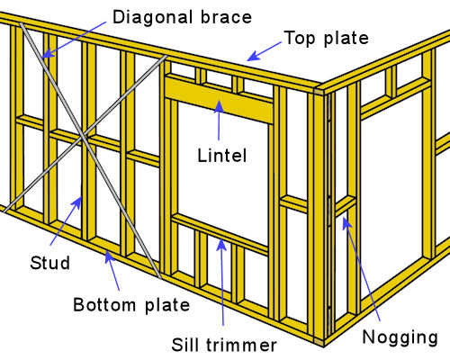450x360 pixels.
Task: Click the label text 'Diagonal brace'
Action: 182,17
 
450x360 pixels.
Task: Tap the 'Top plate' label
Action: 327,38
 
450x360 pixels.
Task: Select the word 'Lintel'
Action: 222,156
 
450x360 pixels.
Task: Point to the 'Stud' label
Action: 49,263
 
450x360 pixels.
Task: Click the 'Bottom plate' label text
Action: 131,305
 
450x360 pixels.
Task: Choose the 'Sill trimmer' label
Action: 224,345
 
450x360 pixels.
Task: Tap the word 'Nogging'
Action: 400,337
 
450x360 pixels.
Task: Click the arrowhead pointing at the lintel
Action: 219,105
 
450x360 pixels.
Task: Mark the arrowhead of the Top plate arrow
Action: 253,56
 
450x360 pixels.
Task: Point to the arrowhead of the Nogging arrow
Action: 346,221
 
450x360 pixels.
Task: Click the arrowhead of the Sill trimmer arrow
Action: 221,244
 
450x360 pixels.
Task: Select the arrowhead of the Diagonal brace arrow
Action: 47,53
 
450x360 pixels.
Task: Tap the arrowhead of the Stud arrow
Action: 77,202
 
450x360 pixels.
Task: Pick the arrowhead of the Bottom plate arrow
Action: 109,256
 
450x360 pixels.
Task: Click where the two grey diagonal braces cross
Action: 83,138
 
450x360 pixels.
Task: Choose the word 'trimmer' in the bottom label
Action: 241,345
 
